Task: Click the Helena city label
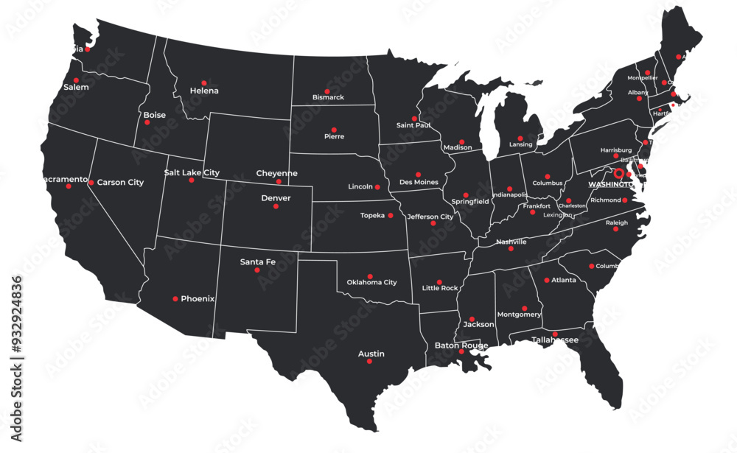click(x=204, y=91)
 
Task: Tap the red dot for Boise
click(x=147, y=122)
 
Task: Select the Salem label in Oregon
click(x=76, y=87)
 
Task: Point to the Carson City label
click(x=120, y=182)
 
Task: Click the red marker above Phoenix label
click(x=175, y=299)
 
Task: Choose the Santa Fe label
click(x=258, y=261)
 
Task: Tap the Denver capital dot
click(x=276, y=206)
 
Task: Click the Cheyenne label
click(x=276, y=173)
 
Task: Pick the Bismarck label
click(x=328, y=97)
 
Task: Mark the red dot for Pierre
click(x=334, y=130)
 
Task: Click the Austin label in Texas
click(x=371, y=354)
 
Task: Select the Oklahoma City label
click(x=371, y=282)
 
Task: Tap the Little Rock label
click(x=440, y=288)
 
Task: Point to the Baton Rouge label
click(x=461, y=345)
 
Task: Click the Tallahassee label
click(x=555, y=340)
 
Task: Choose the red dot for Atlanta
click(x=547, y=280)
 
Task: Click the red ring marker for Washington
click(x=619, y=173)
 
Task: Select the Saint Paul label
click(x=413, y=125)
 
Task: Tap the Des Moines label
click(x=418, y=182)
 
